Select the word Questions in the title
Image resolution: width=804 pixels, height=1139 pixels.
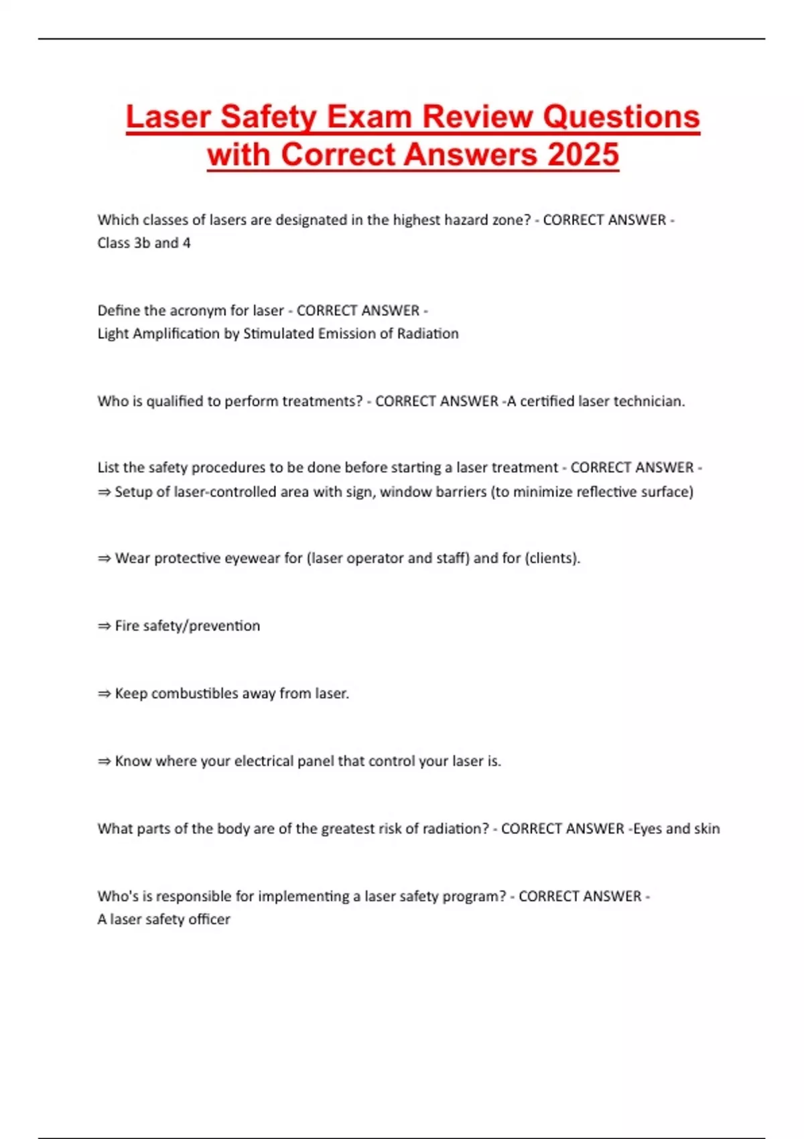(621, 117)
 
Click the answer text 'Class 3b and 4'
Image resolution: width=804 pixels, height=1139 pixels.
(144, 243)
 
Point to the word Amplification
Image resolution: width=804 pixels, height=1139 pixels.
(176, 334)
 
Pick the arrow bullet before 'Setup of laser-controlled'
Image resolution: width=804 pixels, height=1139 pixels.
(104, 492)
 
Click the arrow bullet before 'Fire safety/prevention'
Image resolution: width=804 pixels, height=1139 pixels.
(104, 626)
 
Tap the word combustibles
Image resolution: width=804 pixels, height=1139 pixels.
(194, 693)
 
